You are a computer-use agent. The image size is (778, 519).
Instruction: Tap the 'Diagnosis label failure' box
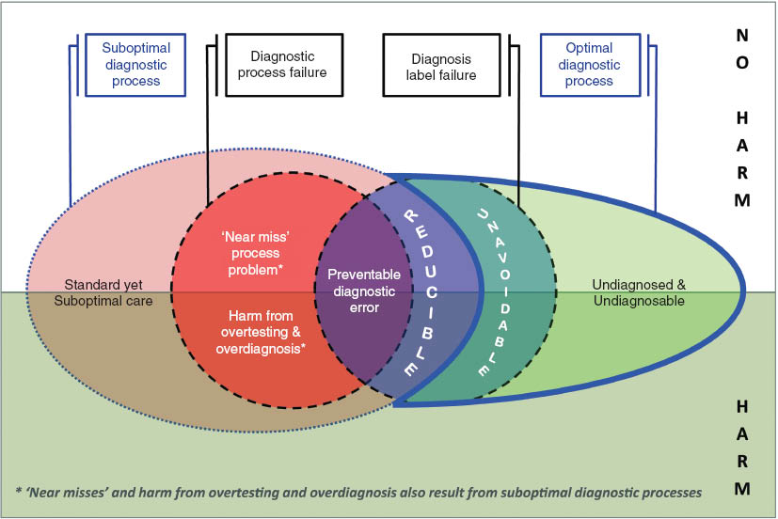[440, 64]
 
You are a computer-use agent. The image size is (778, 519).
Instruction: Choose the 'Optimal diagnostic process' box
[589, 64]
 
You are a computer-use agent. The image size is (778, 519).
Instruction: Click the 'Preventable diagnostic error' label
[364, 291]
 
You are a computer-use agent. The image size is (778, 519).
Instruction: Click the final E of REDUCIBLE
[411, 370]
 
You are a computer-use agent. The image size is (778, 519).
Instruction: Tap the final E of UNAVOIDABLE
[483, 370]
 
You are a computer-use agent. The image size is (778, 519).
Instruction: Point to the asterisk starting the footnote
[20, 492]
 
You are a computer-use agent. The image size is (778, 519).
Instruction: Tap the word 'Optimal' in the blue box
[589, 48]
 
